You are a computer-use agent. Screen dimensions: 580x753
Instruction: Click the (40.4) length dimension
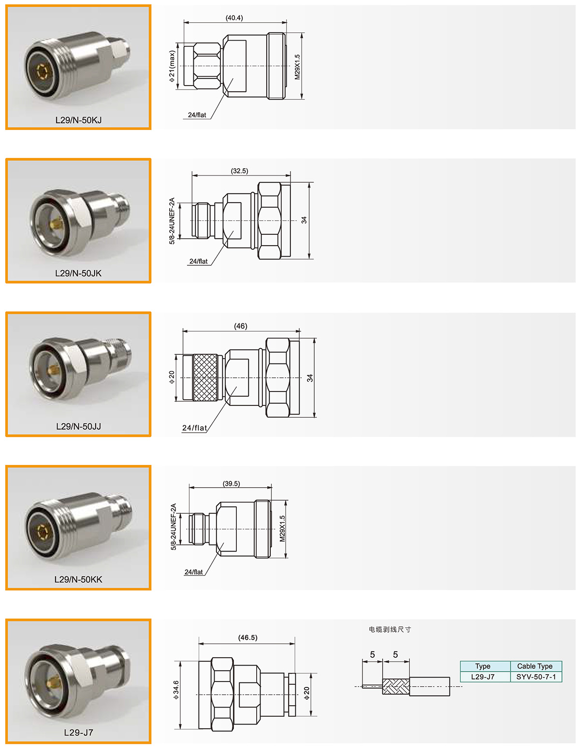tap(234, 18)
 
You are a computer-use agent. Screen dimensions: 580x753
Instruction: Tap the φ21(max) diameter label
tap(172, 66)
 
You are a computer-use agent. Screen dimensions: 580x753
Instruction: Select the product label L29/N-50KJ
tap(78, 120)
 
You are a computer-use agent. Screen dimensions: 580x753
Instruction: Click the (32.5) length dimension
tap(239, 171)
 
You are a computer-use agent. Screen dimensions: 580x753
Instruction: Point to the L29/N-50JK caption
tap(78, 273)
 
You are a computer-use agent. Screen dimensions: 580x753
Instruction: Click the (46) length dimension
tap(240, 326)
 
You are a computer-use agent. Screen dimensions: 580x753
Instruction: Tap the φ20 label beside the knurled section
tap(172, 377)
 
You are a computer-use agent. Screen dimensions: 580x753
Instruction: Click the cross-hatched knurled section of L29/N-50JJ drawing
tap(205, 377)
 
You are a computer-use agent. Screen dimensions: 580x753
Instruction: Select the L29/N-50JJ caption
tap(78, 426)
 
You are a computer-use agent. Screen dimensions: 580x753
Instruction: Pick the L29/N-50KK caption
tap(78, 579)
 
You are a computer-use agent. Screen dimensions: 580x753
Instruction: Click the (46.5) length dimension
tap(248, 637)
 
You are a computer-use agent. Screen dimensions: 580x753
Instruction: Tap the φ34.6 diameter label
tap(176, 690)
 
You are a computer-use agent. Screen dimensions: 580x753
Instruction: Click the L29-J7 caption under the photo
tap(79, 732)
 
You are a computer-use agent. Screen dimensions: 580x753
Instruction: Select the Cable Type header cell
tap(535, 666)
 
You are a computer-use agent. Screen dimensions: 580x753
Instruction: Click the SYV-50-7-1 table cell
tap(536, 677)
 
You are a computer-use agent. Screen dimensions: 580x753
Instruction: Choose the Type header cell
tap(483, 666)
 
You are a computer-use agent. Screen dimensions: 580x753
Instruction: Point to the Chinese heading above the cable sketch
tap(390, 629)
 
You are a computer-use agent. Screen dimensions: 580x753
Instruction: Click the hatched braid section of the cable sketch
tap(396, 686)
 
